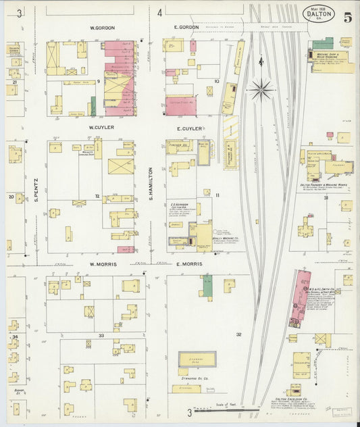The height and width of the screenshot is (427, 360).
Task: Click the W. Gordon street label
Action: coord(103,28)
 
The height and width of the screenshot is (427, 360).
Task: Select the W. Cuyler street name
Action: coord(101,127)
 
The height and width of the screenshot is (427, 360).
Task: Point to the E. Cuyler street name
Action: coord(189,128)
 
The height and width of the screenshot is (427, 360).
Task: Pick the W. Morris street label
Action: coord(101,263)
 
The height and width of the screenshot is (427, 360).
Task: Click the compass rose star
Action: coord(261,86)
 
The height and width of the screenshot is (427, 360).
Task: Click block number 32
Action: coord(238,334)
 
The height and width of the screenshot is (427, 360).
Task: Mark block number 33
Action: coord(101,335)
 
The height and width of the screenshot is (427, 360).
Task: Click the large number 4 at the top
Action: coord(159,13)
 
